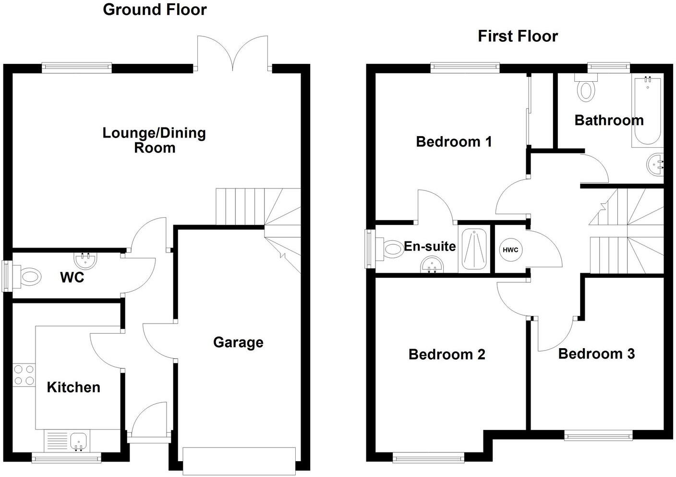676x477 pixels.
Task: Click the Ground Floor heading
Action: coord(155,10)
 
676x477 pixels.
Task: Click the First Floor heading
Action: coord(518,37)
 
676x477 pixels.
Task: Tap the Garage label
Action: coord(238,342)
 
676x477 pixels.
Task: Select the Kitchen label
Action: coord(73,387)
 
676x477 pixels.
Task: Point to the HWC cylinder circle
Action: coord(510,250)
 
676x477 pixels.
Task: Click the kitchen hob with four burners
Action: coord(24,375)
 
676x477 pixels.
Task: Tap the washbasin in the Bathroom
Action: coord(655,165)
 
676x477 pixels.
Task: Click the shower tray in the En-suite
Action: coord(473,249)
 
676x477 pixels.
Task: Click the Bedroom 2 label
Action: coord(447,354)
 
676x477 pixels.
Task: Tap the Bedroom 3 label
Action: coord(596,354)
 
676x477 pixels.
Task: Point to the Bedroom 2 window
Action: coord(429,458)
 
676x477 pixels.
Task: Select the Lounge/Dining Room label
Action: coord(154,140)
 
